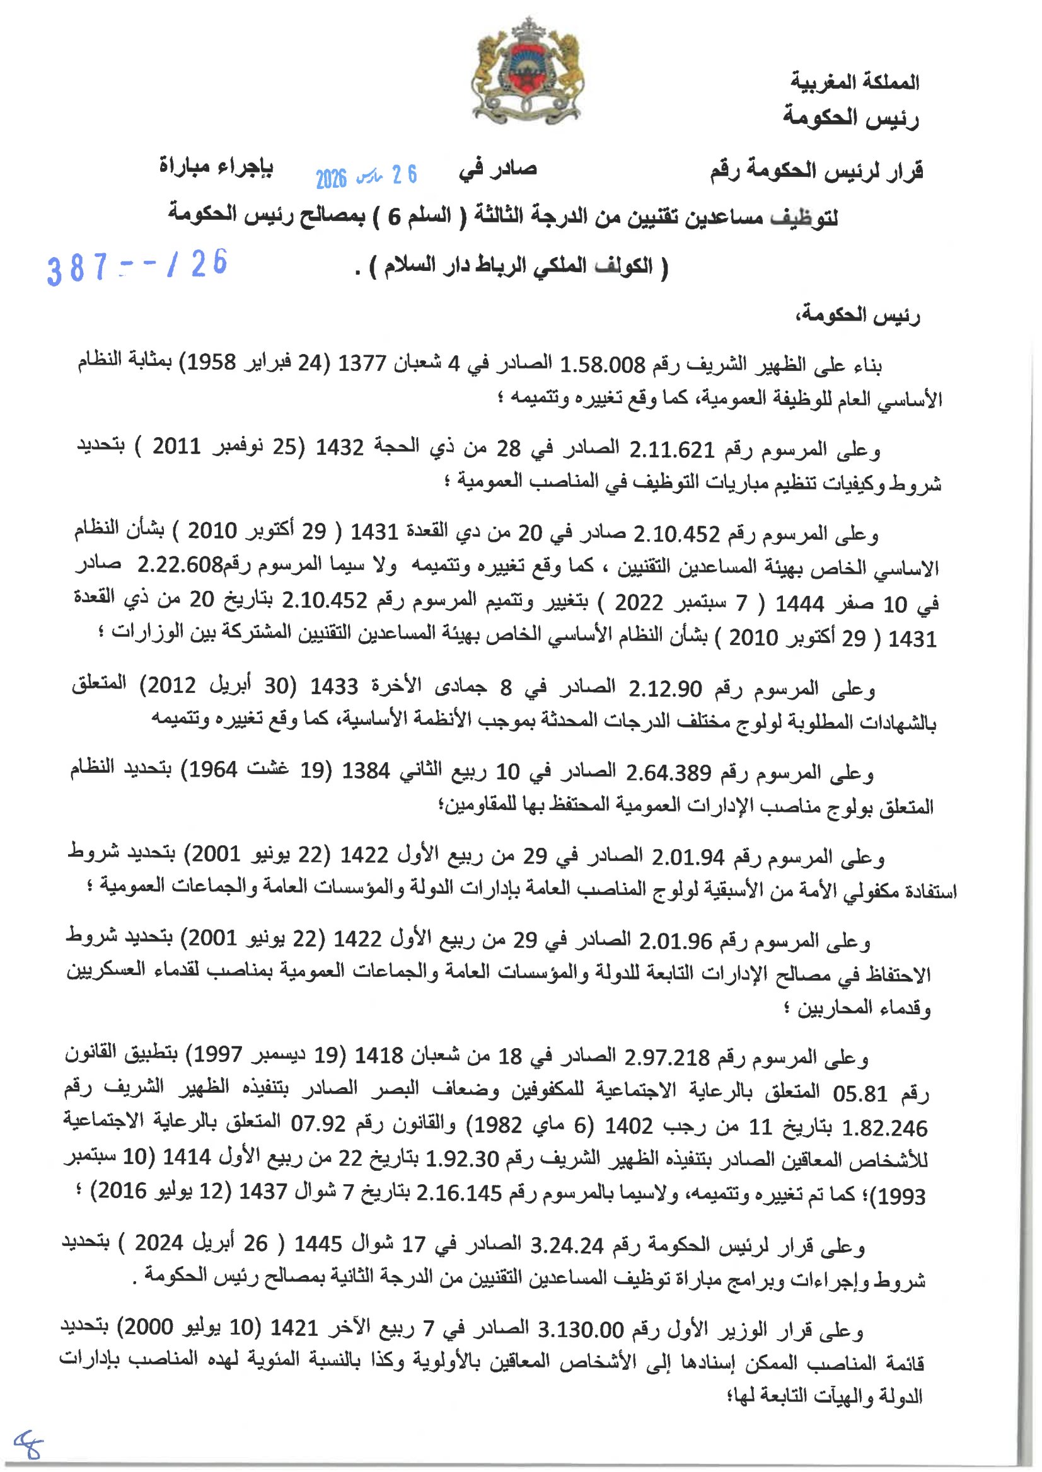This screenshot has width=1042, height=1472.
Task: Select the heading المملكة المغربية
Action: (x=855, y=83)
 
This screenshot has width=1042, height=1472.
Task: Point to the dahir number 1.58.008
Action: (x=602, y=365)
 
